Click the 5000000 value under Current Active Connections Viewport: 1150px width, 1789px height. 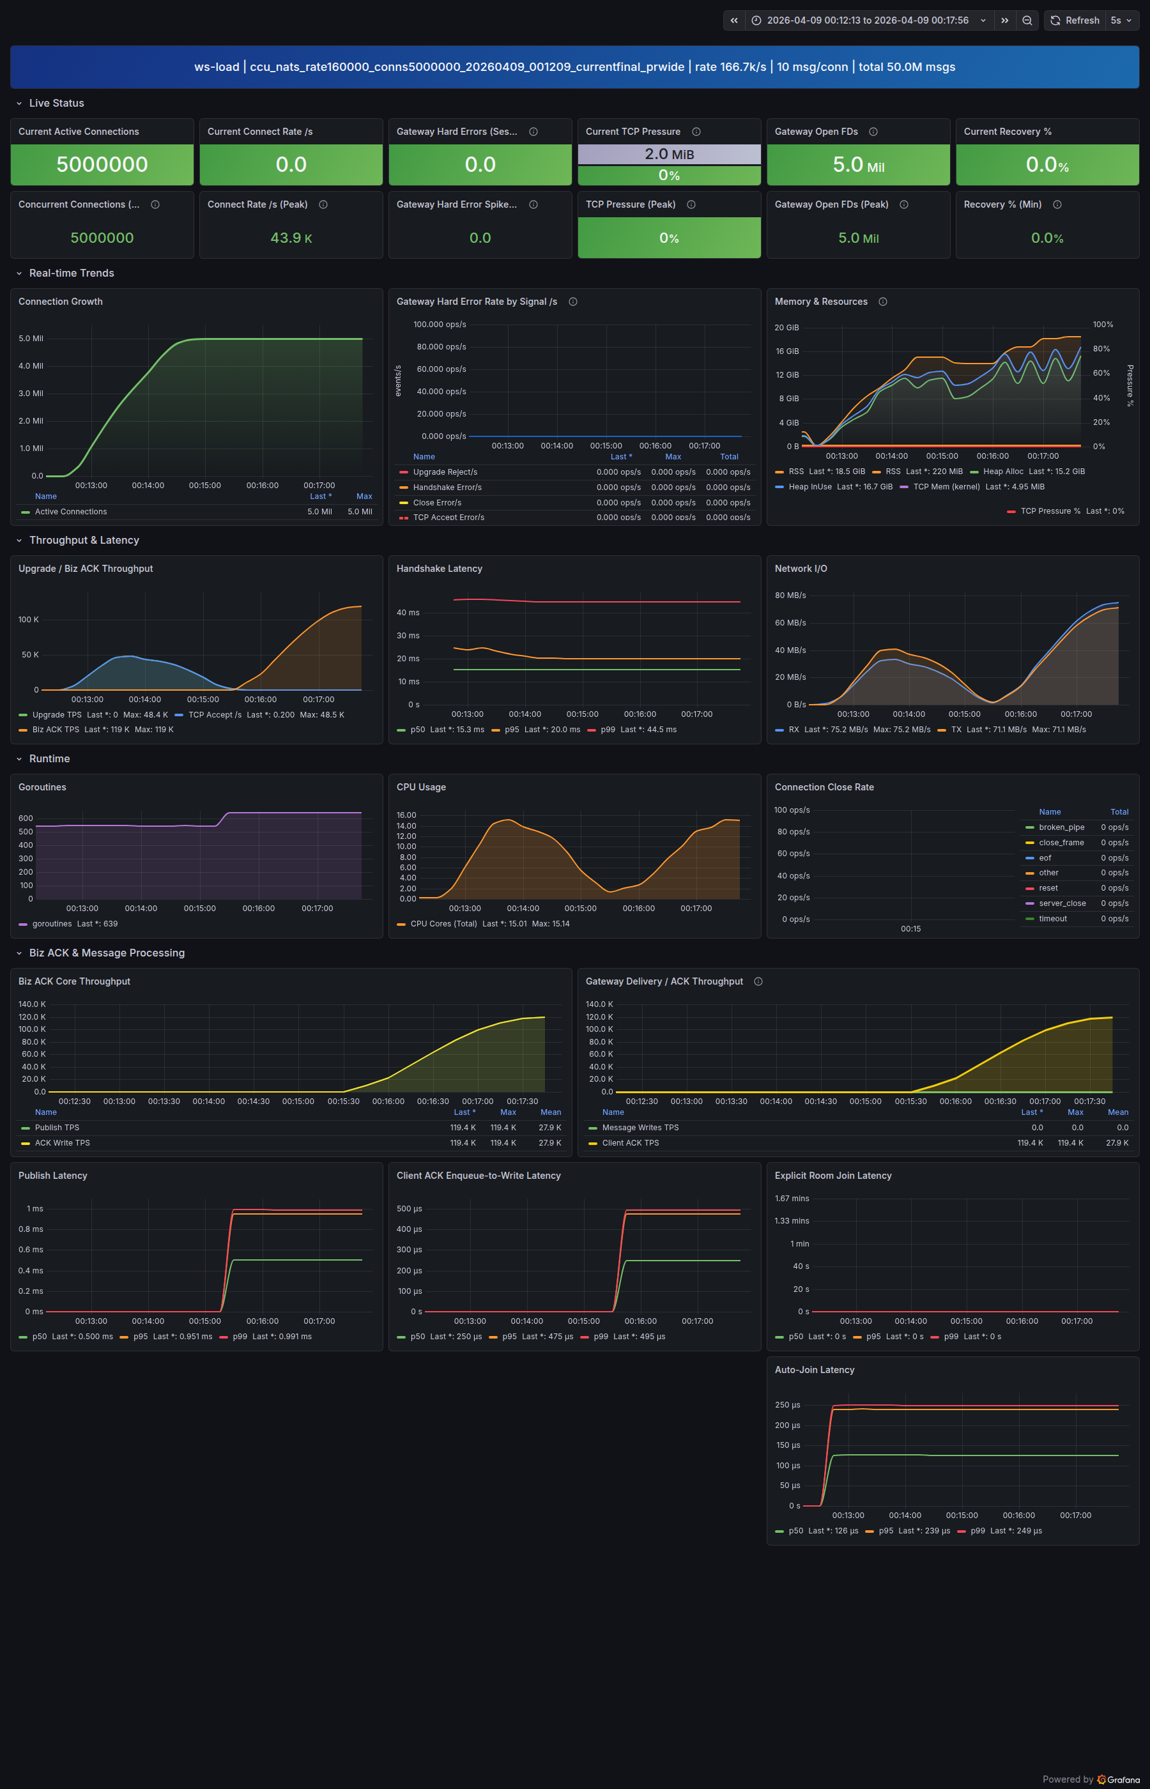(102, 164)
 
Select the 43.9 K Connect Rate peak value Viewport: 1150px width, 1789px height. (291, 238)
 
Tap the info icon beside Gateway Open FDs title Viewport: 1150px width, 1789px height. (873, 132)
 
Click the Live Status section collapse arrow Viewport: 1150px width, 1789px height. (19, 103)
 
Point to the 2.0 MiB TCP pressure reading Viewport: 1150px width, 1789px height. (669, 154)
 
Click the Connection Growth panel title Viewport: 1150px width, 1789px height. (61, 302)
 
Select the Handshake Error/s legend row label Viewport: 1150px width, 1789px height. (447, 488)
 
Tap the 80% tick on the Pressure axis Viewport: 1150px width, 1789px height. (1101, 349)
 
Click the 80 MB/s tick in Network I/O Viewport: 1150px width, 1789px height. (790, 595)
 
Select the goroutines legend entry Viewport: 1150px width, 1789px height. (52, 924)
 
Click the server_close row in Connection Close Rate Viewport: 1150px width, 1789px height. (1062, 903)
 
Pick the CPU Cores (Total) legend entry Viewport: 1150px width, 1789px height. (443, 924)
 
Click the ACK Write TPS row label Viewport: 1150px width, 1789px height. (62, 1143)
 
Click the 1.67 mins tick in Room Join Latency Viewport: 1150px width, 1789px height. (792, 1199)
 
